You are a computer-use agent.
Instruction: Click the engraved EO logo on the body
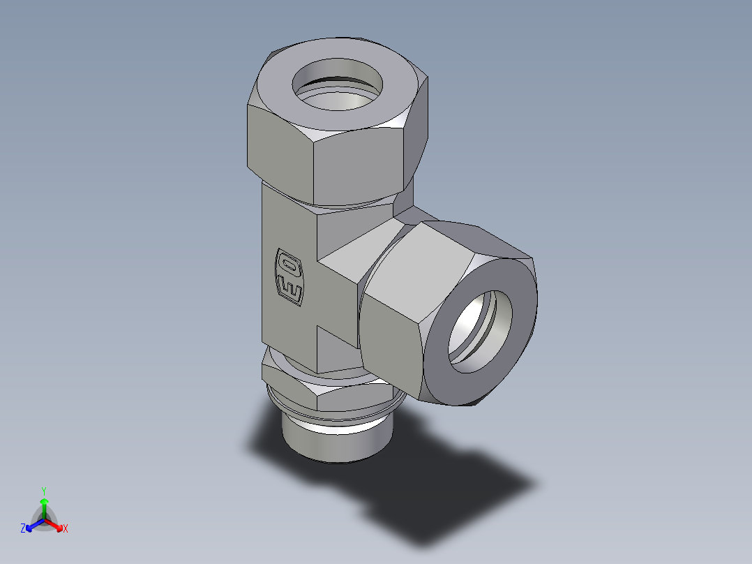[x=289, y=276]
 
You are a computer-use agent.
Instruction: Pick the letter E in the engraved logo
[x=289, y=287]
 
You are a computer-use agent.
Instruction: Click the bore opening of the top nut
[x=338, y=91]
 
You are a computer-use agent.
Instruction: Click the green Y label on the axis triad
[x=44, y=490]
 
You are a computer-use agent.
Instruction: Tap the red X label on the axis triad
[x=66, y=529]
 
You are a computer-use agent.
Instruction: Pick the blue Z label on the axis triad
[x=23, y=529]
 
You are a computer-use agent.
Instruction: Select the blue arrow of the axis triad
[x=33, y=524]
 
